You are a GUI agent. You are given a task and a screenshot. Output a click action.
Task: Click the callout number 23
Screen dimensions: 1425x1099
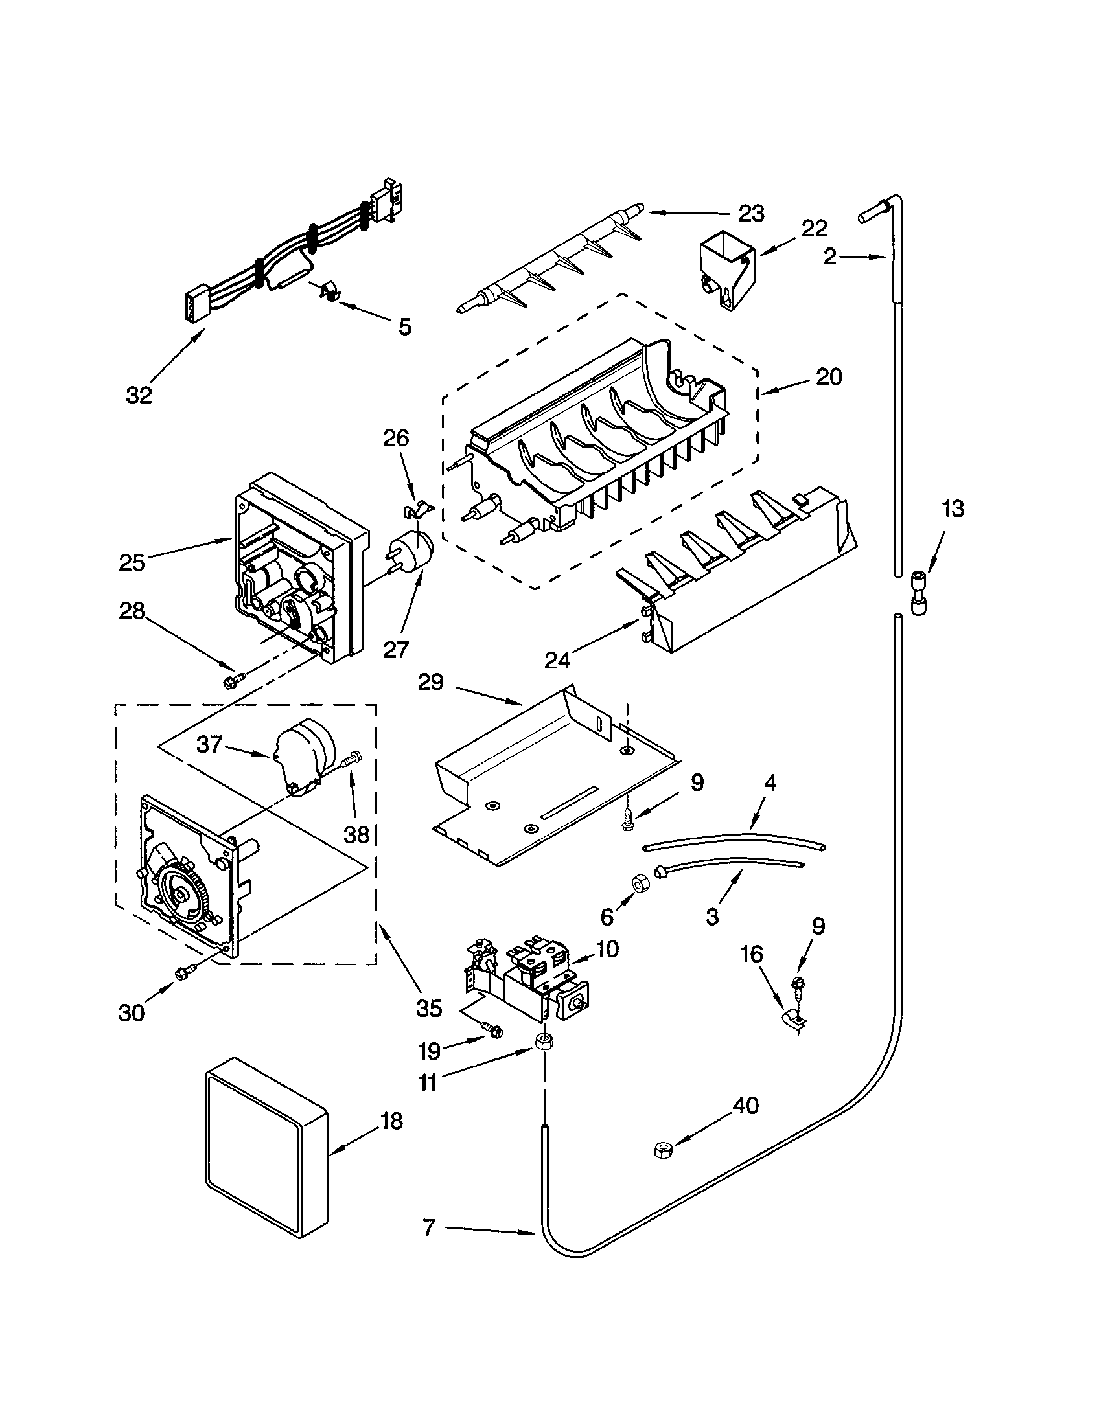tap(751, 213)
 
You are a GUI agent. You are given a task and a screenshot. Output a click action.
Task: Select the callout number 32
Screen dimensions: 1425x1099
tap(139, 394)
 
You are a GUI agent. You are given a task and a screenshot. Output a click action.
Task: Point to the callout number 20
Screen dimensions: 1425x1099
tap(829, 376)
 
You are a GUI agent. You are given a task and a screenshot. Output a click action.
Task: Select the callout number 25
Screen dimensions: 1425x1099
tap(132, 562)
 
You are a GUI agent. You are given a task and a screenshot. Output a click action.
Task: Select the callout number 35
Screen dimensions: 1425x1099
tap(429, 1008)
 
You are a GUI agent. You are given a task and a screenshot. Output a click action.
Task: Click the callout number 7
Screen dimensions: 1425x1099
tap(428, 1228)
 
